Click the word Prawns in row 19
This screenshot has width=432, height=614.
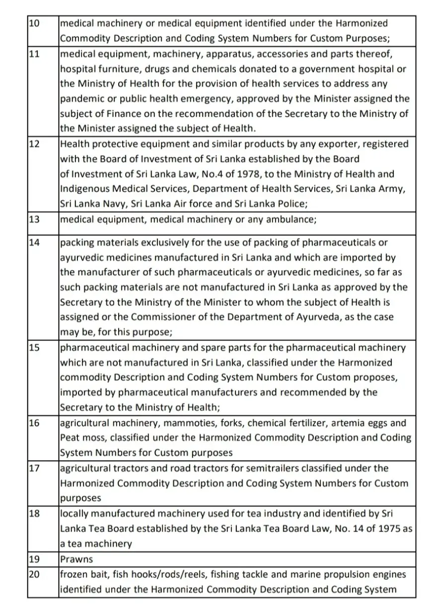(x=76, y=559)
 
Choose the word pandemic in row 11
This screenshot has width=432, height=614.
(x=81, y=98)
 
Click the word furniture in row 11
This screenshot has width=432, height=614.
(x=117, y=68)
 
